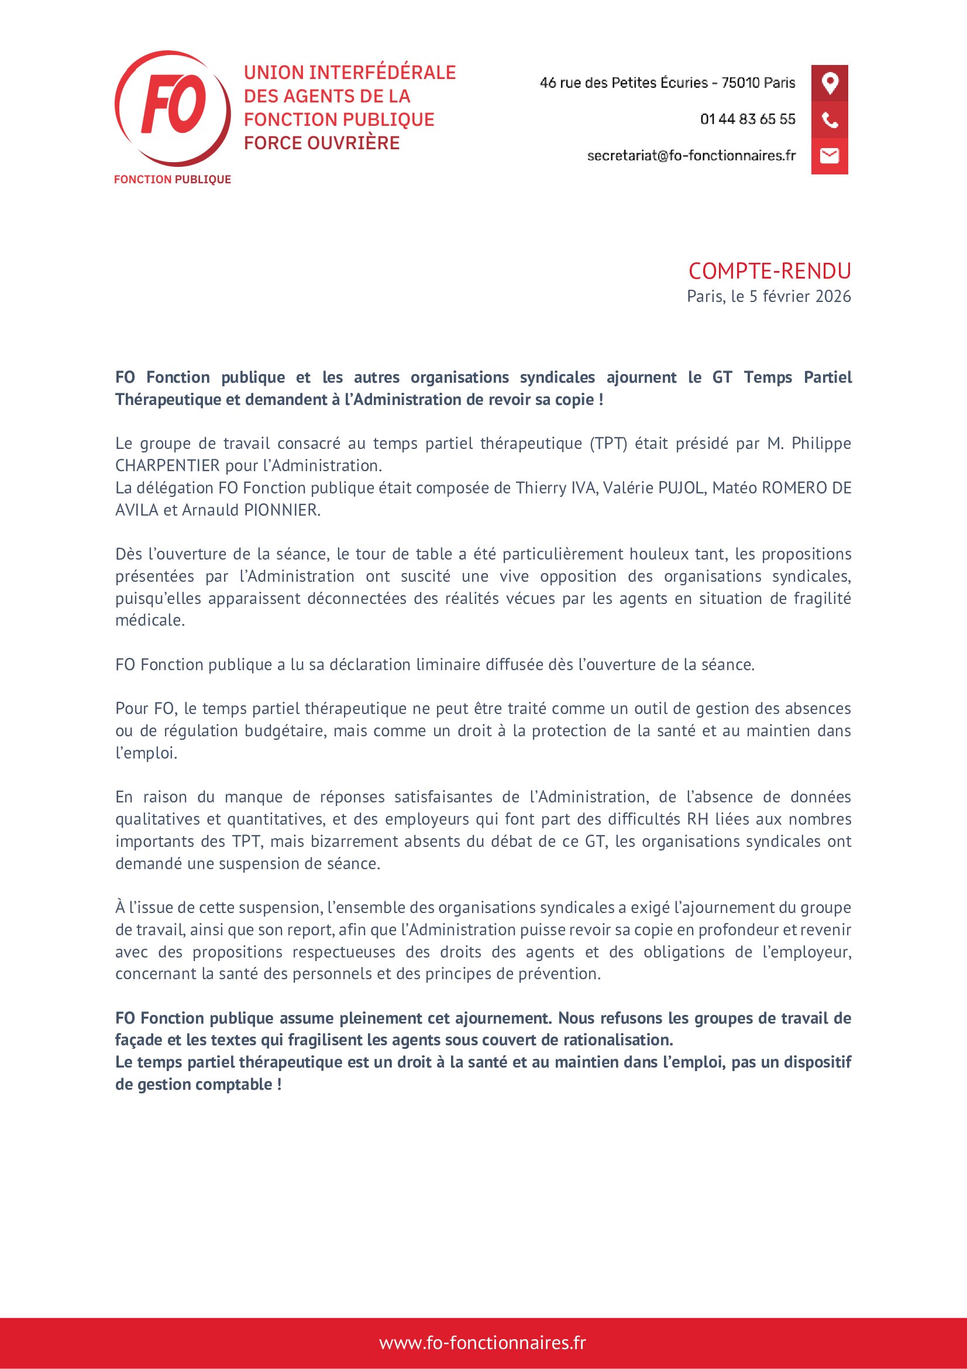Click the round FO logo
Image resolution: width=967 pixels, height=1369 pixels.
[172, 108]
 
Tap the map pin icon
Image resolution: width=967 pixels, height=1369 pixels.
[830, 83]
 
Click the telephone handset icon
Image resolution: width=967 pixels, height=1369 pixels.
[830, 120]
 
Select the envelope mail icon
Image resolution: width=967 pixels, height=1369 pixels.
[830, 156]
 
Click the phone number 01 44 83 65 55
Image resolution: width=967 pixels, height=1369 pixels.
[747, 119]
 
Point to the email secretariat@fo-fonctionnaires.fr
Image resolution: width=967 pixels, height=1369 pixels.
[691, 156]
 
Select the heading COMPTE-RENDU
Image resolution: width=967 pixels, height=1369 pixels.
[769, 272]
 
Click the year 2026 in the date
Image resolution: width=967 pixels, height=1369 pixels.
[833, 296]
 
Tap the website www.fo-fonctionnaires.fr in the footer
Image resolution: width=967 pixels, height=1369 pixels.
[483, 1343]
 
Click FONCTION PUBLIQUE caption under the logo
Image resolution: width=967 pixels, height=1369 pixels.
[172, 180]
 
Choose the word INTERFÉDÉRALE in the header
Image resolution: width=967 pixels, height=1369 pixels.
[383, 73]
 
